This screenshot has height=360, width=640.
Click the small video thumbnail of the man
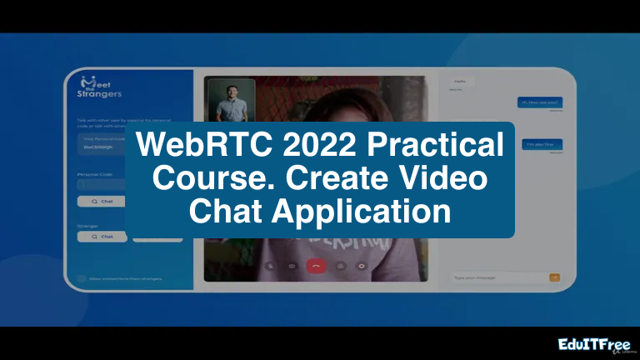tap(231, 103)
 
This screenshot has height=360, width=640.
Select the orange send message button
tap(554, 277)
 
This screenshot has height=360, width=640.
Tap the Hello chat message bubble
tap(462, 82)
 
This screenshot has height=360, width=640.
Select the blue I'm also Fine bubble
tap(542, 144)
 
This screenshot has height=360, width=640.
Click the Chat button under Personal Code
tap(102, 201)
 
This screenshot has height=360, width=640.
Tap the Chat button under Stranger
tap(102, 237)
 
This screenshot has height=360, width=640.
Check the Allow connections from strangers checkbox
tap(82, 278)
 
